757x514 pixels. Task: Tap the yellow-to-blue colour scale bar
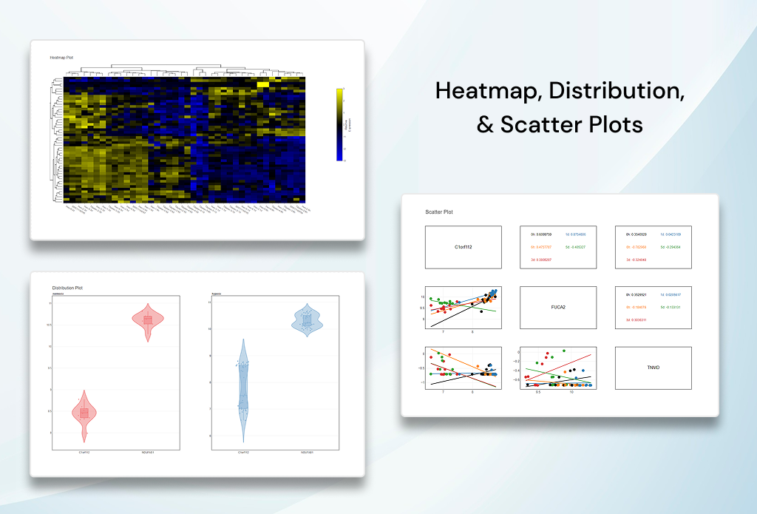(x=339, y=124)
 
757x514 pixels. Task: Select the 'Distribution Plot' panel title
(x=67, y=288)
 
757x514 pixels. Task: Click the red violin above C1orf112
(x=84, y=413)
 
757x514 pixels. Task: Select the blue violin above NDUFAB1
(x=306, y=319)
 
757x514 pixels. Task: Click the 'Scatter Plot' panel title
(x=439, y=212)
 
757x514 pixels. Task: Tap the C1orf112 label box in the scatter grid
(x=464, y=247)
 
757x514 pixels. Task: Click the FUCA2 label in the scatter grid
(x=558, y=308)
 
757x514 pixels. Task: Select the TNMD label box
(x=653, y=368)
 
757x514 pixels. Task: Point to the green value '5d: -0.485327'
(x=577, y=247)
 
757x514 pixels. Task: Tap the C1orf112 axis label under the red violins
(x=84, y=452)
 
